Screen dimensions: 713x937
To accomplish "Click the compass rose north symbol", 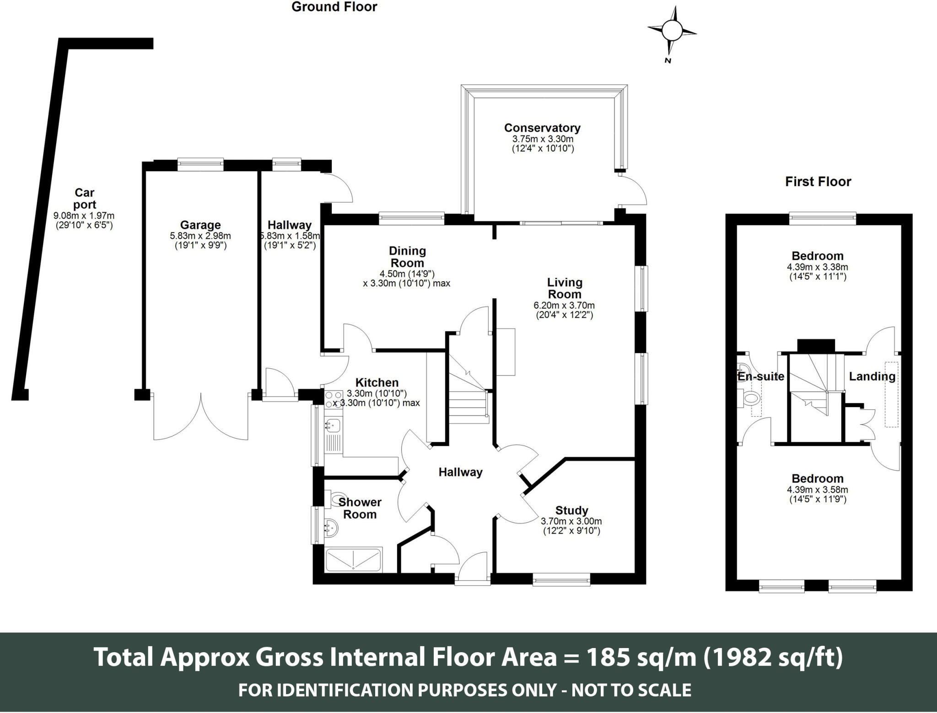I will click(x=672, y=31).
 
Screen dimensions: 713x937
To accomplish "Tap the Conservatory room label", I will click(x=542, y=128).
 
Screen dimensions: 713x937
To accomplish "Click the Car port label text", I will click(x=85, y=199).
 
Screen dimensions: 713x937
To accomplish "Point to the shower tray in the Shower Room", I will click(x=353, y=560).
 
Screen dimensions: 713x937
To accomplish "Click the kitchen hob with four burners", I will click(x=334, y=397).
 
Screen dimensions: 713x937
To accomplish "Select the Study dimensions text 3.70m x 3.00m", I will click(x=571, y=521).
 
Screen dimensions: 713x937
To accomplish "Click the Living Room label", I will click(x=565, y=288).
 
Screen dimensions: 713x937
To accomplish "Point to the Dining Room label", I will click(x=407, y=257).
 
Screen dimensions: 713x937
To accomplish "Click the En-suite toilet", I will click(x=750, y=397).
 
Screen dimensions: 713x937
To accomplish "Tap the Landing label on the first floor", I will click(x=872, y=376).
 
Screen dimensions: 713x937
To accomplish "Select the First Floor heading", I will click(x=818, y=182).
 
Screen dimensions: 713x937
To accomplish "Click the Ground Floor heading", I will click(x=334, y=7).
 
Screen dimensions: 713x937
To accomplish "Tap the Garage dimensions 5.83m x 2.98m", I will click(x=200, y=236).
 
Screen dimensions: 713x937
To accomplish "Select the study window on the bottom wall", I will click(x=561, y=581).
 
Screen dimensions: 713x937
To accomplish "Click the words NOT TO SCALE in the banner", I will click(x=631, y=690).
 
